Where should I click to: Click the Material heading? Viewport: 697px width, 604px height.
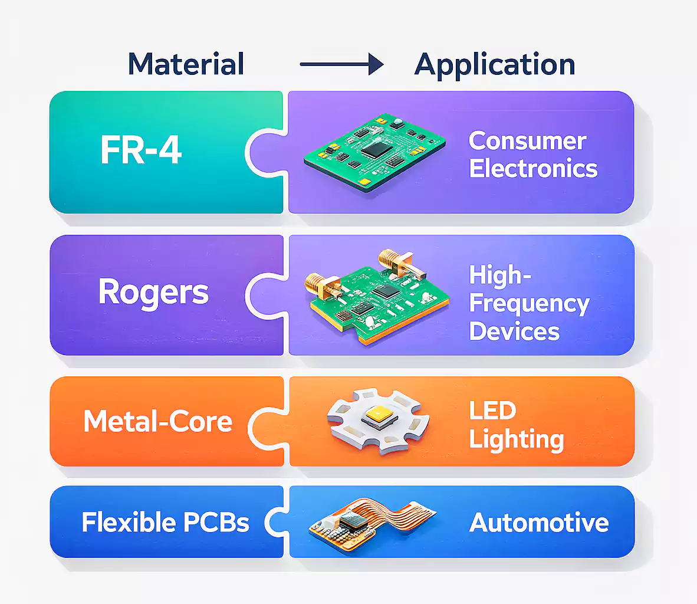[x=186, y=64]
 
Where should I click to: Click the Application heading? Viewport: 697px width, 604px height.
[x=495, y=64]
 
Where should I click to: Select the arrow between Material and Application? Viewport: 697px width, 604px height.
[x=341, y=64]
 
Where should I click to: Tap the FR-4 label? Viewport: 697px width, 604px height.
[x=141, y=150]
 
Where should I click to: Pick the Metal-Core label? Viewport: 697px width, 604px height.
[x=158, y=422]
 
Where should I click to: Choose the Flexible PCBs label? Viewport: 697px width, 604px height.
[x=165, y=523]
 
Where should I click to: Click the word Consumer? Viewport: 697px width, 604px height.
[x=527, y=141]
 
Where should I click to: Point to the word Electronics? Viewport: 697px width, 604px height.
[x=533, y=169]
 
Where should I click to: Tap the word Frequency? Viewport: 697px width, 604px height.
[x=529, y=304]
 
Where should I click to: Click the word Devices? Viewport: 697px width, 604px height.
[x=514, y=331]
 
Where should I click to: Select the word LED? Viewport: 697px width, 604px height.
[x=492, y=411]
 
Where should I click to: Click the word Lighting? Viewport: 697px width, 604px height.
[x=517, y=439]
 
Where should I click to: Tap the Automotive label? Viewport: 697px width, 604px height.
[x=539, y=523]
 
